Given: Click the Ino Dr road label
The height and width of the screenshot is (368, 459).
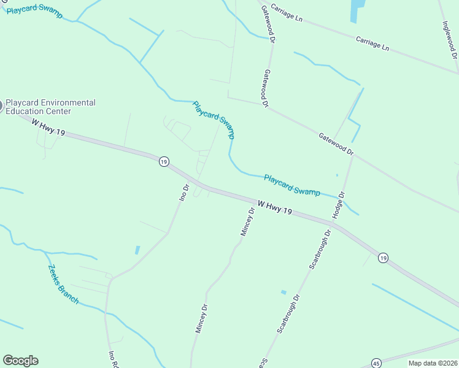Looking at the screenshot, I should click(184, 192).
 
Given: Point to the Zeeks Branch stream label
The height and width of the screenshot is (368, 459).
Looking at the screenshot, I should click(63, 284).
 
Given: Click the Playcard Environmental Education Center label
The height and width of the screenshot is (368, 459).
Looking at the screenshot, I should click(50, 107).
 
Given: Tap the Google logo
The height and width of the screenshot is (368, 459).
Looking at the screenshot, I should click(20, 361).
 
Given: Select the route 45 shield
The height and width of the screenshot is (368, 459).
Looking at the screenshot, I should click(376, 363).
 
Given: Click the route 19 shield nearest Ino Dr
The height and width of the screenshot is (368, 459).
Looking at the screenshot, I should click(163, 161).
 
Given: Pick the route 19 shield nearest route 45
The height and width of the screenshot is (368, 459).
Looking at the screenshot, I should click(383, 258).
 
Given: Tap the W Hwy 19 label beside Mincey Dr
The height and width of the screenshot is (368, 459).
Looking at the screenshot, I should click(274, 207).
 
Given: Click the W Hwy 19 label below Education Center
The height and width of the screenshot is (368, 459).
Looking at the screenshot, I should click(48, 128).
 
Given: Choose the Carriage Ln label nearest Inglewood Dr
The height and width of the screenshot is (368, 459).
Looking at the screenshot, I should click(372, 42).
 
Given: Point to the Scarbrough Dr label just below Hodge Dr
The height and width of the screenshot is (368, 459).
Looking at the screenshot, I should click(320, 251).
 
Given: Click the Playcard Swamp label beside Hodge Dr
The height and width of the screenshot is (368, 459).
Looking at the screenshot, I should click(291, 185).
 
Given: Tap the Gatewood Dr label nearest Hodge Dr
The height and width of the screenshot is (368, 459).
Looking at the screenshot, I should click(336, 142).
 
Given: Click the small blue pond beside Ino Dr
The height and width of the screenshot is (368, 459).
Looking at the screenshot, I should click(137, 250).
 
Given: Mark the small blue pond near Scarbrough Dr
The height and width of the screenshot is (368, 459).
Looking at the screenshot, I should click(283, 292).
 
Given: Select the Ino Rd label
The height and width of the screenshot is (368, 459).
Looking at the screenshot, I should click(112, 358).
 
